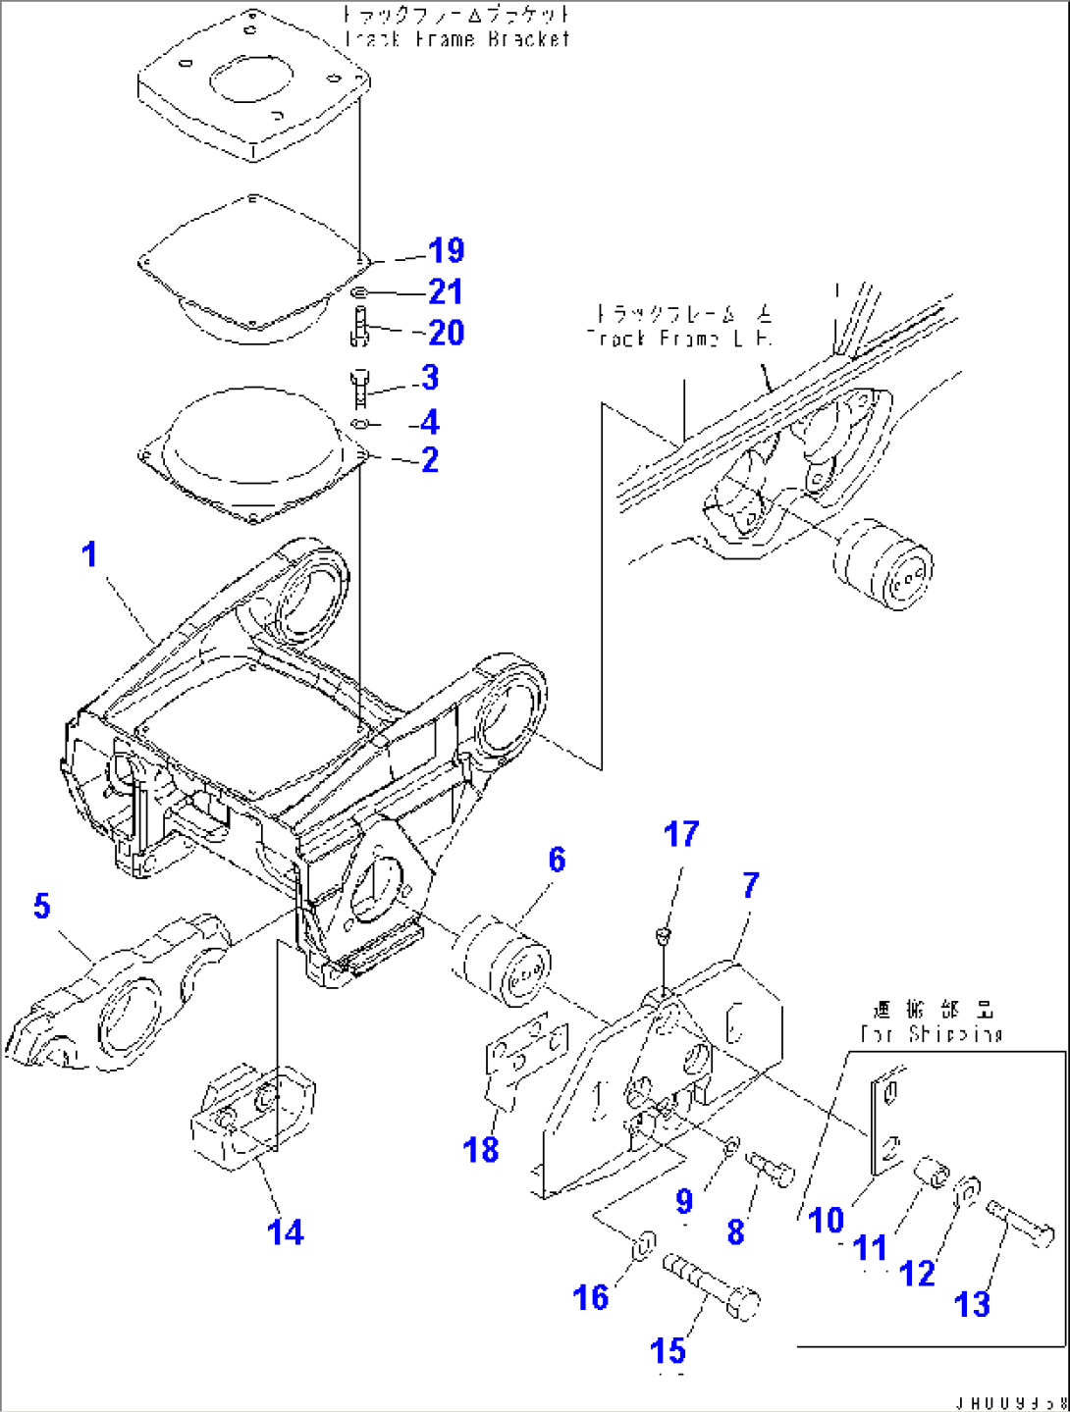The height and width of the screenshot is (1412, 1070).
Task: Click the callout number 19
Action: click(x=446, y=251)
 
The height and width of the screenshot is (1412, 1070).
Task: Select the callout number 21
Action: click(x=446, y=292)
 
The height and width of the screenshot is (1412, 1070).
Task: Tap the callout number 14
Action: click(x=286, y=1232)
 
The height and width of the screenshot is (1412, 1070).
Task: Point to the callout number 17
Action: click(x=681, y=835)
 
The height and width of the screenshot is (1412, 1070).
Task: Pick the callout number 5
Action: click(x=41, y=906)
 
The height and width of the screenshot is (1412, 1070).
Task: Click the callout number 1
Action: click(x=89, y=554)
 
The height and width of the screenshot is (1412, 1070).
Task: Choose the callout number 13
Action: click(x=972, y=1304)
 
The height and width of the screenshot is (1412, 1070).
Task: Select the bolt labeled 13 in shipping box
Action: click(x=1021, y=1224)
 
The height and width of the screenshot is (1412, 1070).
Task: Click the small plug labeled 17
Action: click(x=665, y=935)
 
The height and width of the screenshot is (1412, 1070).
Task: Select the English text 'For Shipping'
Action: click(x=932, y=1034)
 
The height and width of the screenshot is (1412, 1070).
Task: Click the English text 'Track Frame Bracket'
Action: click(x=457, y=39)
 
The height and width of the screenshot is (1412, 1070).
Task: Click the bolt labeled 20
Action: click(x=358, y=326)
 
